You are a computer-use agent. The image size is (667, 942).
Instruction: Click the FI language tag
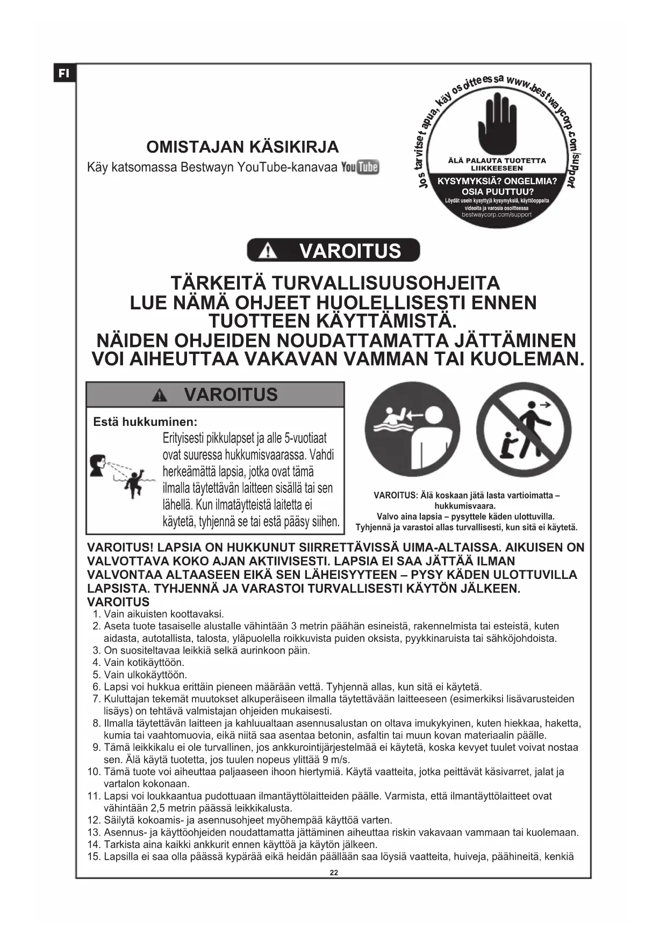click(x=64, y=73)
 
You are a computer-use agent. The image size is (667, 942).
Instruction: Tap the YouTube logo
click(x=360, y=167)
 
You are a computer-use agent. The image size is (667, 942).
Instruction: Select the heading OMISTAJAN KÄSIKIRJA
click(x=242, y=147)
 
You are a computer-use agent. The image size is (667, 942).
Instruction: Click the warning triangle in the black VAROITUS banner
click(x=268, y=251)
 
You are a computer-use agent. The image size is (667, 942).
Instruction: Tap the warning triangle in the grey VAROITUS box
click(x=159, y=395)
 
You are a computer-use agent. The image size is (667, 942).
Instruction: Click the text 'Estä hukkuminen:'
click(x=145, y=422)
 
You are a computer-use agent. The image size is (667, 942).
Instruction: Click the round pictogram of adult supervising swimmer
click(x=412, y=430)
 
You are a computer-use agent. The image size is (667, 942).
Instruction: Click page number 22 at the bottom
click(x=334, y=873)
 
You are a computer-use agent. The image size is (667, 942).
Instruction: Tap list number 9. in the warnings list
click(x=96, y=748)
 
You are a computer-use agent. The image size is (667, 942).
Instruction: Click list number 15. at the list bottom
click(x=94, y=857)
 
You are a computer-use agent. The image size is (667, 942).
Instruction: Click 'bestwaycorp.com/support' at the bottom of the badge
click(x=497, y=215)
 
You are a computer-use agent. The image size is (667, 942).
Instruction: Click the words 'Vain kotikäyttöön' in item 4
click(x=143, y=663)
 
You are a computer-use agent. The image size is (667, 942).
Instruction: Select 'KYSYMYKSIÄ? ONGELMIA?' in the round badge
click(x=497, y=182)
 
